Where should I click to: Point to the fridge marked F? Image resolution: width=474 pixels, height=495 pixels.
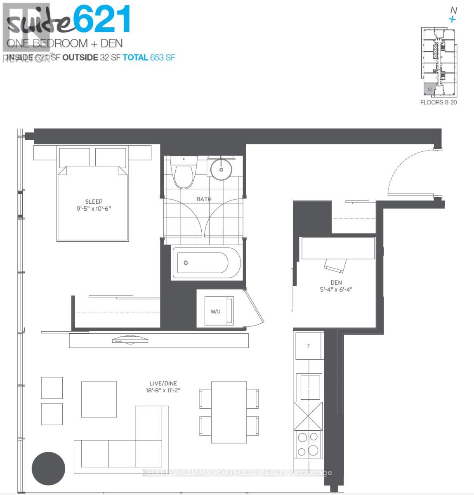309,346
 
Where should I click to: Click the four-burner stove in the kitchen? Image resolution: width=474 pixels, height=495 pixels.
308,444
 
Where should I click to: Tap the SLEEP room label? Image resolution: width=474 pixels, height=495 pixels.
94,202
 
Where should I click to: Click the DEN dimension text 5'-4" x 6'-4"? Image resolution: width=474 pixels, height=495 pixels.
336,290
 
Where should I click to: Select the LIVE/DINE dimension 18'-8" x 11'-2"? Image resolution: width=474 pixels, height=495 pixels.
163,390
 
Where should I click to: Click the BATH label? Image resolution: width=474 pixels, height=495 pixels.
204,199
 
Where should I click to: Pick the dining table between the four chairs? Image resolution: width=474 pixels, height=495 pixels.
229,412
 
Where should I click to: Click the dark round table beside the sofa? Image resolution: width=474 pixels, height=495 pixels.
49,469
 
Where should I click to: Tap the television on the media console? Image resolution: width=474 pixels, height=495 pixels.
130,340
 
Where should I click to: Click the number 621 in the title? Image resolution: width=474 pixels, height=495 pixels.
103,19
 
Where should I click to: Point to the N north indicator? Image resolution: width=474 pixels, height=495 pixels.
454,10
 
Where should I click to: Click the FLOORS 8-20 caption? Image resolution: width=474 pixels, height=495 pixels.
438,102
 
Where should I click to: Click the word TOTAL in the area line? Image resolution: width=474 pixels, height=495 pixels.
135,57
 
